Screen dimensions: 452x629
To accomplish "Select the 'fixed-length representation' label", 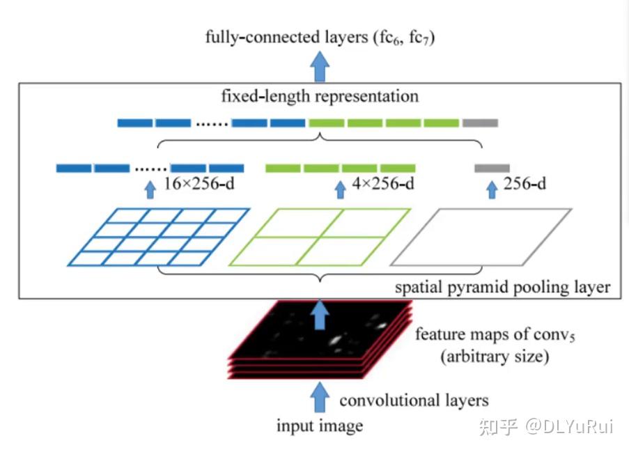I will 320,95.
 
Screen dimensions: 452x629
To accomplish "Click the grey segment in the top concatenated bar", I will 480,123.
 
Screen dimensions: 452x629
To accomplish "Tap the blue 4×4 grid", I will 159,237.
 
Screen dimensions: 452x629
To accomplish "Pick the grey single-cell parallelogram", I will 481,237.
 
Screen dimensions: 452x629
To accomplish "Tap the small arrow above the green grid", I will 340,189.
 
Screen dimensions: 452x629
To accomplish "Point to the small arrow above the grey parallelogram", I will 492,189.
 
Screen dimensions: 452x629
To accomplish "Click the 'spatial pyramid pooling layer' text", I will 502,287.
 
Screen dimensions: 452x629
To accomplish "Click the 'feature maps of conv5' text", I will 495,335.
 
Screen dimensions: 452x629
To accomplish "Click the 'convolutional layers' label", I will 414,400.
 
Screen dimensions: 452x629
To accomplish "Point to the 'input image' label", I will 320,426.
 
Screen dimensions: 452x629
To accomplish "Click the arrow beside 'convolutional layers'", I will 320,397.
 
